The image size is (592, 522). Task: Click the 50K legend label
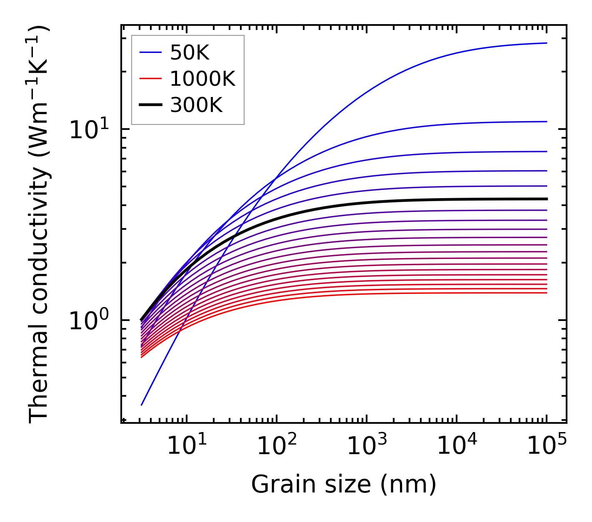[x=190, y=53]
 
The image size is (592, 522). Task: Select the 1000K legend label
[x=202, y=79]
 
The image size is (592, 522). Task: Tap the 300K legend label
[x=196, y=105]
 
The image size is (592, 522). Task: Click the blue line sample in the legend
[x=150, y=52]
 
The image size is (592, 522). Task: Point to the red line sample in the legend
[x=150, y=79]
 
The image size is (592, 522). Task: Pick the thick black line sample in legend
[x=150, y=105]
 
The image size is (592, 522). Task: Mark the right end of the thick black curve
[x=547, y=199]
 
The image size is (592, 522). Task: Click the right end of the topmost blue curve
[x=547, y=43]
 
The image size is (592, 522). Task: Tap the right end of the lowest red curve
[x=547, y=293]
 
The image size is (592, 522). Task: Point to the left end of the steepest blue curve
[x=142, y=405]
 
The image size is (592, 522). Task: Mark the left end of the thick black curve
[x=142, y=320]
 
